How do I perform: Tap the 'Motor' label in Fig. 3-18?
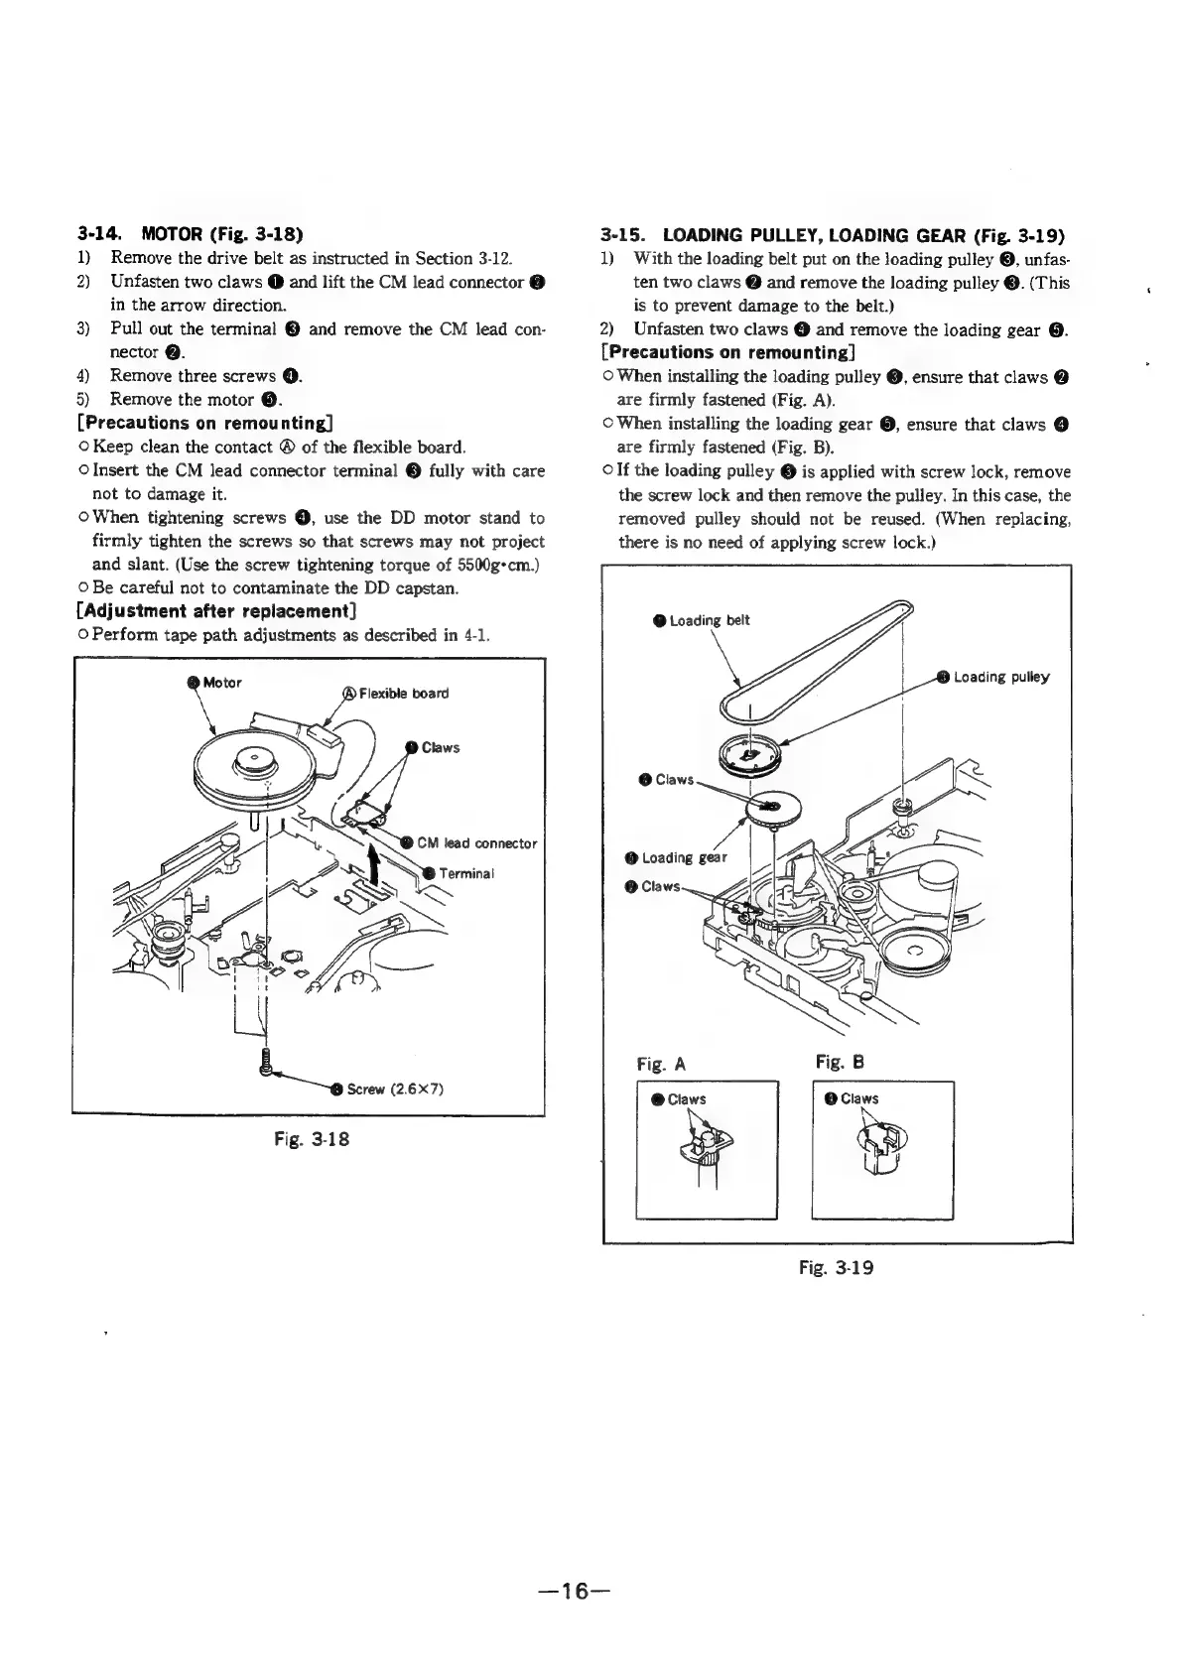(221, 682)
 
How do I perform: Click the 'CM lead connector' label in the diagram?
(476, 843)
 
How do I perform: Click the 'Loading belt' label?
(709, 620)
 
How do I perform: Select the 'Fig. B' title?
(838, 1063)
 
